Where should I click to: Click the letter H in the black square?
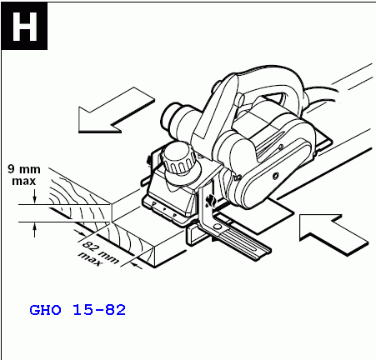[24, 27]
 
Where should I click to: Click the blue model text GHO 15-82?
[78, 310]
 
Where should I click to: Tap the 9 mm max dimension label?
[24, 175]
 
